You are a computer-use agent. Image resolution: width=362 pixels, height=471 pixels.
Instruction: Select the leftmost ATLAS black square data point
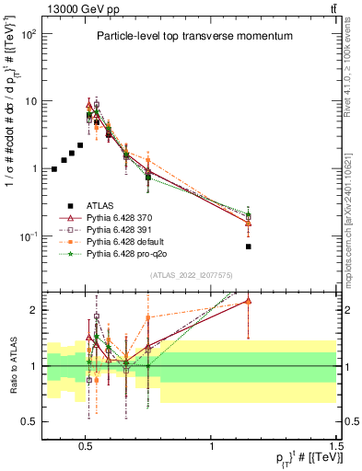[x=54, y=169]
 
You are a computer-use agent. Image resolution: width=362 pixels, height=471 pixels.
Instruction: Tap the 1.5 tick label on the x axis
[x=336, y=442]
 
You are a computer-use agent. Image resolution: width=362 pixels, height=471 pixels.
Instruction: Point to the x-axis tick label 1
[x=213, y=442]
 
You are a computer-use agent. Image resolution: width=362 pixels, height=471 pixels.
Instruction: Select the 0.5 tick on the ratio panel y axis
[x=29, y=421]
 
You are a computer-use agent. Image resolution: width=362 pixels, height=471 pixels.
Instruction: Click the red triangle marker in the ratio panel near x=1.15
[x=249, y=301]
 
